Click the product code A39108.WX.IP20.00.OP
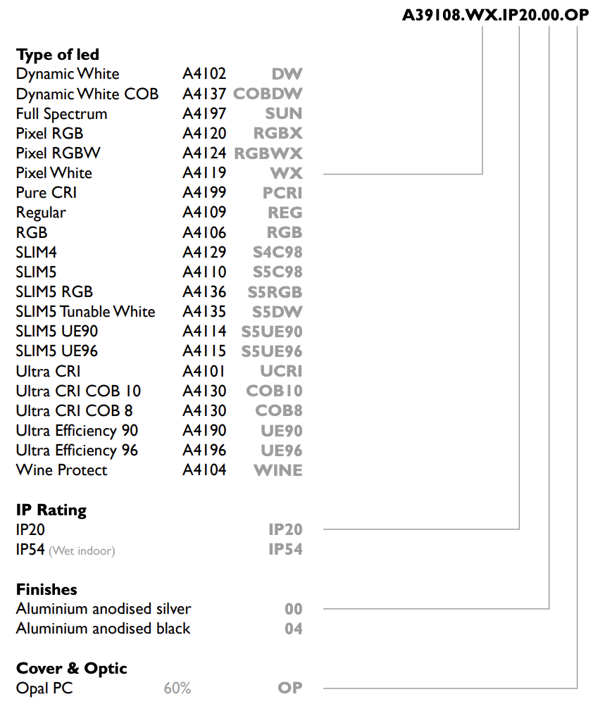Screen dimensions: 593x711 [x=495, y=15]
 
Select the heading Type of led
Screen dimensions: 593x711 [x=58, y=54]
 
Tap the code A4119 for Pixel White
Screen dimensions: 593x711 [x=204, y=172]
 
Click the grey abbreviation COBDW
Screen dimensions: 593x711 [x=268, y=94]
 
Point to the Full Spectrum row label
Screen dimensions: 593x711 [x=62, y=114]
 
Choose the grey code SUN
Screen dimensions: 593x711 [x=284, y=113]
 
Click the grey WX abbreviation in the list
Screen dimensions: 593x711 [x=287, y=172]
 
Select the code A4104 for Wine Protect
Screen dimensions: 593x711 [x=204, y=470]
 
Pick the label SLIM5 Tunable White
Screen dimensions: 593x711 [x=85, y=312]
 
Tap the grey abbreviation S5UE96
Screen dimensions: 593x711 [x=272, y=351]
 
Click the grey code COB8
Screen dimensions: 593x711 [x=279, y=411]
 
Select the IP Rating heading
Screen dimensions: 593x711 [x=51, y=510]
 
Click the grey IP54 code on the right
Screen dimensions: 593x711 [x=285, y=549]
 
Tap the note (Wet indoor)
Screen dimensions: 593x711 [x=82, y=551]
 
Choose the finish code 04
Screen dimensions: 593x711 [x=294, y=629]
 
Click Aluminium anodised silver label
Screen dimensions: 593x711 [x=104, y=608]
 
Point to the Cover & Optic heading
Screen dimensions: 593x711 [x=72, y=668]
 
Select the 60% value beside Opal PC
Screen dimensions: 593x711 [x=177, y=688]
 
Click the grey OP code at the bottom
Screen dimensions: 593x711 [x=290, y=688]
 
